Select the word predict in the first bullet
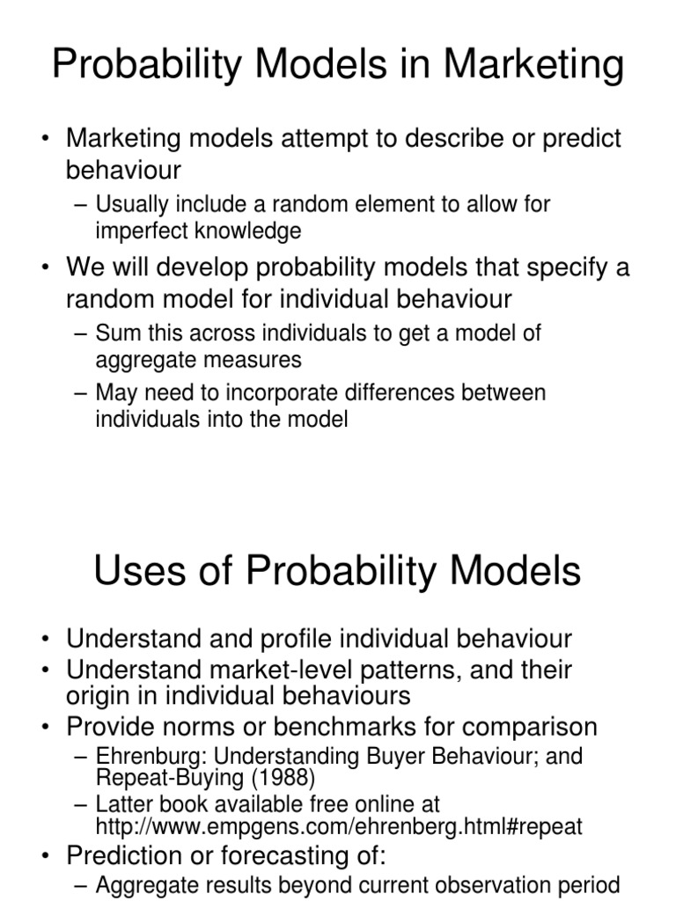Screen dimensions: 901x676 tap(577, 138)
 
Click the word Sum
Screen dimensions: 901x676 tap(115, 333)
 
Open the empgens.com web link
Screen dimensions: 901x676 tap(339, 826)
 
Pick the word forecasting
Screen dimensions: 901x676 tap(305, 856)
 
